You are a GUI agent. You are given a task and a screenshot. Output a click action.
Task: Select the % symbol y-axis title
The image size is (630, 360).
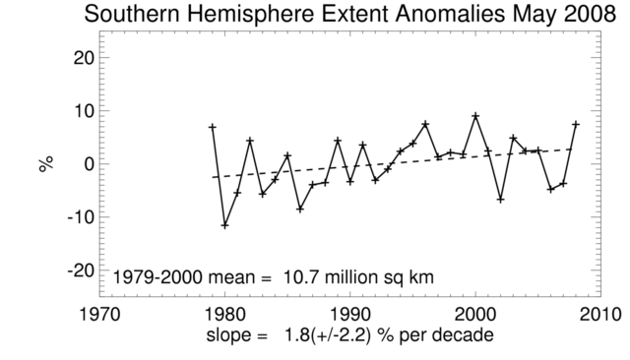(x=45, y=163)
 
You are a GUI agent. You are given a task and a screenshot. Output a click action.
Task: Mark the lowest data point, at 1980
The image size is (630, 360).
(x=224, y=225)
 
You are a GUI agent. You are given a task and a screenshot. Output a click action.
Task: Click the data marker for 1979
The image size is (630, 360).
(x=212, y=127)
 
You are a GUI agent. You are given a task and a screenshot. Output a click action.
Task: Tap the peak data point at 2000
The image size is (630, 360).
(x=475, y=115)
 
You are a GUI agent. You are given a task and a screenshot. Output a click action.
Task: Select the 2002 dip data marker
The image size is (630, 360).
(x=500, y=200)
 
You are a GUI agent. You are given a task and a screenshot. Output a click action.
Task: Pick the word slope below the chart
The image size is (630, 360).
(x=229, y=336)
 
